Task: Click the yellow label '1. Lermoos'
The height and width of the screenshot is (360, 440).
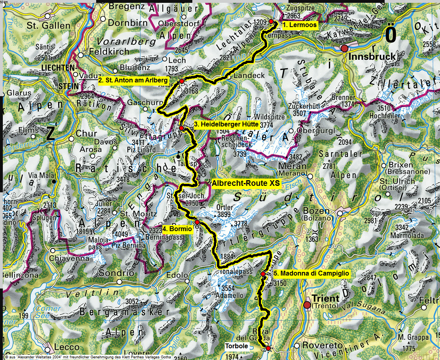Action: (299, 25)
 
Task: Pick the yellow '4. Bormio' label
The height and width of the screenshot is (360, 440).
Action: (177, 229)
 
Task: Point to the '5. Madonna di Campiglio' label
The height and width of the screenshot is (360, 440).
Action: (311, 274)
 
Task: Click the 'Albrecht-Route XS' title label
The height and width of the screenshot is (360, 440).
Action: (246, 183)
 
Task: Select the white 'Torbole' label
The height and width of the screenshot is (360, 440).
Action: (236, 346)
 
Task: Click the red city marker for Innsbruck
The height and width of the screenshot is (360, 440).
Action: (344, 48)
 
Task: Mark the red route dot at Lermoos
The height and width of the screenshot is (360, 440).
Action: (271, 21)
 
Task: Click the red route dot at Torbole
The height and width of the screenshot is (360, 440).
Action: (268, 348)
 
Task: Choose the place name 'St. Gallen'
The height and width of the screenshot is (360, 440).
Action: (43, 26)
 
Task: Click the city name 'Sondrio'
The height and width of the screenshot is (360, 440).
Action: (120, 273)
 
